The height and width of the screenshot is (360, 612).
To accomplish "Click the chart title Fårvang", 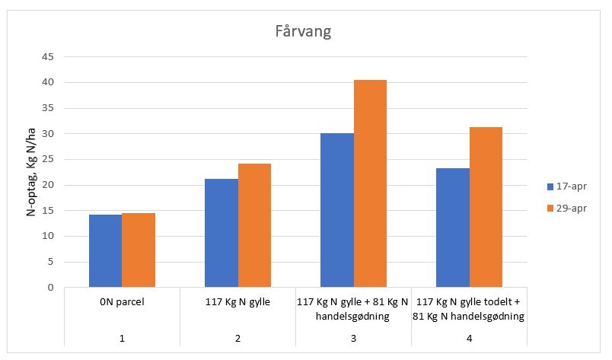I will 305,33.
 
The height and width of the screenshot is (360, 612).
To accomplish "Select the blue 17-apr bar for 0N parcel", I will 105,251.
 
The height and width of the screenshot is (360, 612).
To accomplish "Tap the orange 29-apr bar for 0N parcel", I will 139,250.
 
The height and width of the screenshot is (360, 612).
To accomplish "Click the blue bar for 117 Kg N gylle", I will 221,233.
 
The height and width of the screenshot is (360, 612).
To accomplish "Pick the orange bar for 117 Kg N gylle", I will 254,225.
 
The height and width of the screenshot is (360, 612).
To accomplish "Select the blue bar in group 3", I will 336,210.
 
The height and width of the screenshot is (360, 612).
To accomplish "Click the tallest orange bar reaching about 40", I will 370,183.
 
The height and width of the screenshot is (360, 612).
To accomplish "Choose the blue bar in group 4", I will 452,228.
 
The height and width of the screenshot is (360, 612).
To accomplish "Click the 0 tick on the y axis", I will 49,288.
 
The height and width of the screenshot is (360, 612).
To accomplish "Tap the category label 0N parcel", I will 122,302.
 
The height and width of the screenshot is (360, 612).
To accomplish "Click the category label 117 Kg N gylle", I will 237,302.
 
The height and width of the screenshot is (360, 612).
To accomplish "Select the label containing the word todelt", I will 469,308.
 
